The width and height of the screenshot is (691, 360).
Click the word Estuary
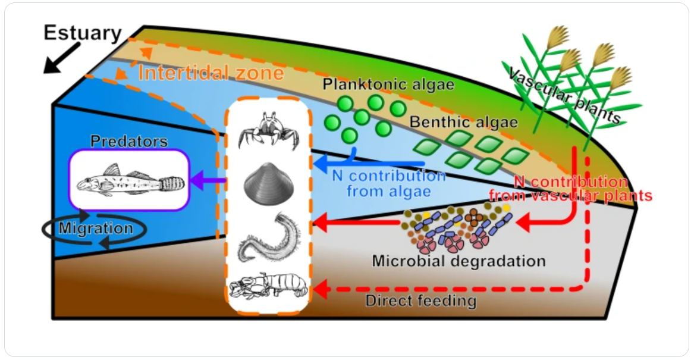click(83, 33)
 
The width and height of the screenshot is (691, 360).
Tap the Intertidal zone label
click(211, 73)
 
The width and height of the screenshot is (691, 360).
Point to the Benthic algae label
click(464, 123)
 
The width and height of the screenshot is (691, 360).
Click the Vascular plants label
click(566, 95)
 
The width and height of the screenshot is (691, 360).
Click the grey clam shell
click(269, 183)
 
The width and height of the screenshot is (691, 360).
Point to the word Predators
click(129, 142)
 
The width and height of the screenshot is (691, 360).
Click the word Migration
click(96, 228)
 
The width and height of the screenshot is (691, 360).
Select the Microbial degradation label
click(458, 261)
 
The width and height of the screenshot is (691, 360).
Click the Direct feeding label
click(420, 300)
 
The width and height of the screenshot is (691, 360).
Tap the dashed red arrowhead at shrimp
click(320, 290)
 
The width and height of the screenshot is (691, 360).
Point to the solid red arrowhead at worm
click(320, 224)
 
